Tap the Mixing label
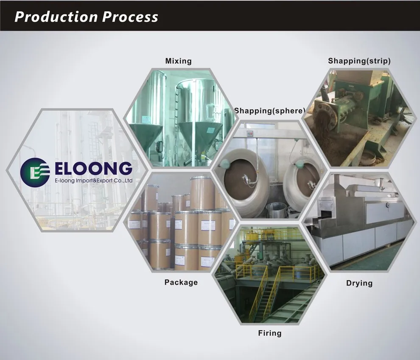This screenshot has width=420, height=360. click(x=178, y=61)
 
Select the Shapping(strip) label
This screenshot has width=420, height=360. click(x=359, y=61)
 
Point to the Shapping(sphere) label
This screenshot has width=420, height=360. click(x=270, y=111)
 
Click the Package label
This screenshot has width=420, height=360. click(x=181, y=282)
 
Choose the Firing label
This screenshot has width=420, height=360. click(x=270, y=333)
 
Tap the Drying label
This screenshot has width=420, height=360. click(x=359, y=283)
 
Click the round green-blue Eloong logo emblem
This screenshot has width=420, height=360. click(x=35, y=172)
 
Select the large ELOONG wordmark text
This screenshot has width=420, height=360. click(x=93, y=169)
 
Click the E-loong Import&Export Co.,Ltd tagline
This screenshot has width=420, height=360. click(x=94, y=181)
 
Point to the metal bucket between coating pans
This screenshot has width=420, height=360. click(x=276, y=210)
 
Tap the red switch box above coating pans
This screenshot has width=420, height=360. click(x=250, y=134)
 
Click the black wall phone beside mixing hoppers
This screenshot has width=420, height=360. click(x=160, y=146)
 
